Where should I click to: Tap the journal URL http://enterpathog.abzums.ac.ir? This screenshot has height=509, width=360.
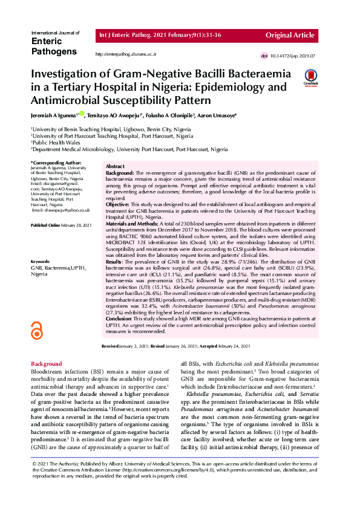point(126,54)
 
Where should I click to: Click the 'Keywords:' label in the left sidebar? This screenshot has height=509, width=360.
point(41,261)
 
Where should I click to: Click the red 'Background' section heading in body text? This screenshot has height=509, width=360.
point(46,363)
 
